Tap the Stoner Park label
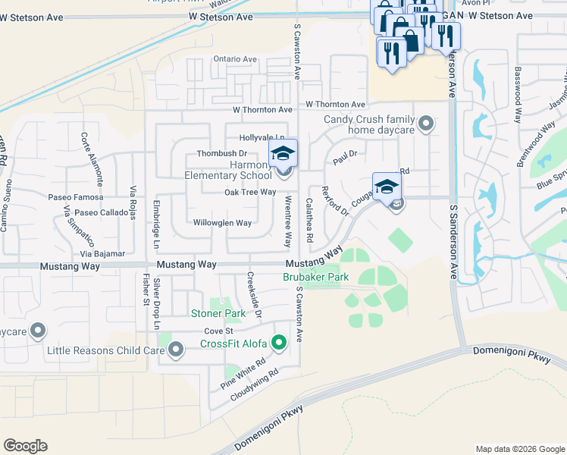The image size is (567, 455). pos(218,313)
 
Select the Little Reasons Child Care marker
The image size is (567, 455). pos(177,350)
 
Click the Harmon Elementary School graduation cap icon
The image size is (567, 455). pos(283,154)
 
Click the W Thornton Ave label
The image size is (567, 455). pos(336,105)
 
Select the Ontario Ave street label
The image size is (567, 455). pos(235,59)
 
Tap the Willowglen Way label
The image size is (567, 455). pos(222,223)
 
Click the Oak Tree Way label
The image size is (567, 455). pos(249,193)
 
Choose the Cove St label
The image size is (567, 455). pos(217,331)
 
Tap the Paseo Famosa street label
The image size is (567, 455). pos(69,197)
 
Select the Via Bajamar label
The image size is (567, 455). pos(102,253)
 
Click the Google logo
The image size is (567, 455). pos(25,446)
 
